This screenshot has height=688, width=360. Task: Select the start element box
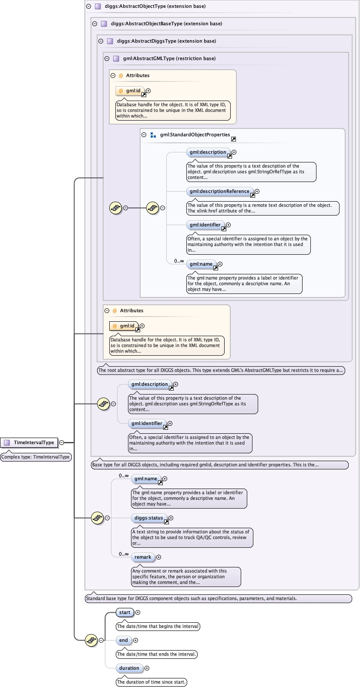[x=124, y=612]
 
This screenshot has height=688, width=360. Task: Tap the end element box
[x=124, y=640]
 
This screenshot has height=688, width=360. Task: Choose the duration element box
[x=129, y=668]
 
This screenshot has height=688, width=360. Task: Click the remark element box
[x=143, y=557]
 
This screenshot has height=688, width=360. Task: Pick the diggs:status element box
[x=149, y=518]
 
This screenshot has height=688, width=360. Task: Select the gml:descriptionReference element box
[x=220, y=191]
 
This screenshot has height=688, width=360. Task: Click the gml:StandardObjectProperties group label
[x=195, y=135]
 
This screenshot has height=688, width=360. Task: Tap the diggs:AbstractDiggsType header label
[x=166, y=41]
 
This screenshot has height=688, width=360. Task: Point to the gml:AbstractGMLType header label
[x=169, y=58]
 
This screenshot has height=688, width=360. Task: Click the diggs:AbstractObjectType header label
[x=155, y=6]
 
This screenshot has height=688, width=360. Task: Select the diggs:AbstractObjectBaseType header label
[x=166, y=24]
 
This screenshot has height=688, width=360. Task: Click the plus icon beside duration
[x=147, y=668]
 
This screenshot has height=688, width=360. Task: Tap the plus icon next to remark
[x=158, y=557]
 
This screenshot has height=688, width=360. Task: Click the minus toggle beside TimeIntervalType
[x=61, y=442]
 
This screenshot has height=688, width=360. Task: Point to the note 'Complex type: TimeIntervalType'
[x=36, y=457]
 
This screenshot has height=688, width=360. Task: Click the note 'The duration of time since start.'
[x=151, y=682]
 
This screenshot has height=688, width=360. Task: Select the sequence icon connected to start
[x=91, y=640]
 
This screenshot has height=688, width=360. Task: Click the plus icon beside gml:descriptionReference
[x=257, y=191]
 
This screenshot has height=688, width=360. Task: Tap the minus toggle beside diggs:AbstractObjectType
[x=89, y=6]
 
